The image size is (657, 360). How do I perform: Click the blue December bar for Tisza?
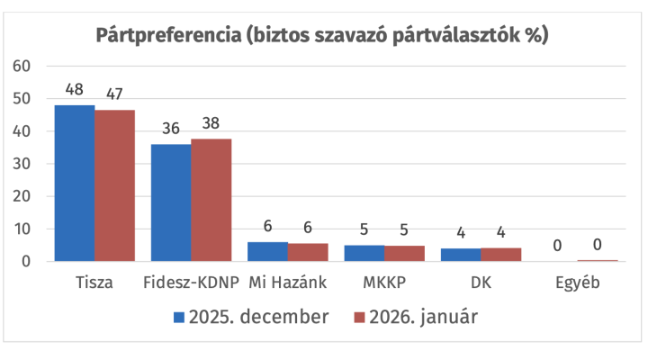click(75, 183)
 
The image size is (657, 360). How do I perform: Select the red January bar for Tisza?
click(114, 185)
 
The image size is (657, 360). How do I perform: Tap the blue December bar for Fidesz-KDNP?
click(171, 202)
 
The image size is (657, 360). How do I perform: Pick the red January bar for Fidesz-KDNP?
click(211, 200)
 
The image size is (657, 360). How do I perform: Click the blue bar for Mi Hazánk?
click(267, 252)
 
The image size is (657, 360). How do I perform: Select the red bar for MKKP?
click(404, 254)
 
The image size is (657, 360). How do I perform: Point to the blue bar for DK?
click(461, 255)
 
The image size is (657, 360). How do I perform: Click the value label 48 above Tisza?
click(75, 91)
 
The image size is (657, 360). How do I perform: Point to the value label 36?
click(171, 130)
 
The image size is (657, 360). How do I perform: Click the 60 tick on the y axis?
click(22, 67)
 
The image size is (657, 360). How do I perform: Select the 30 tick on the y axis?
click(22, 164)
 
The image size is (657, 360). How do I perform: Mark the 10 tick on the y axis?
click(22, 229)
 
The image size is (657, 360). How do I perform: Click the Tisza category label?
click(94, 283)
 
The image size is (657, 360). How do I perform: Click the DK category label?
click(481, 283)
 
